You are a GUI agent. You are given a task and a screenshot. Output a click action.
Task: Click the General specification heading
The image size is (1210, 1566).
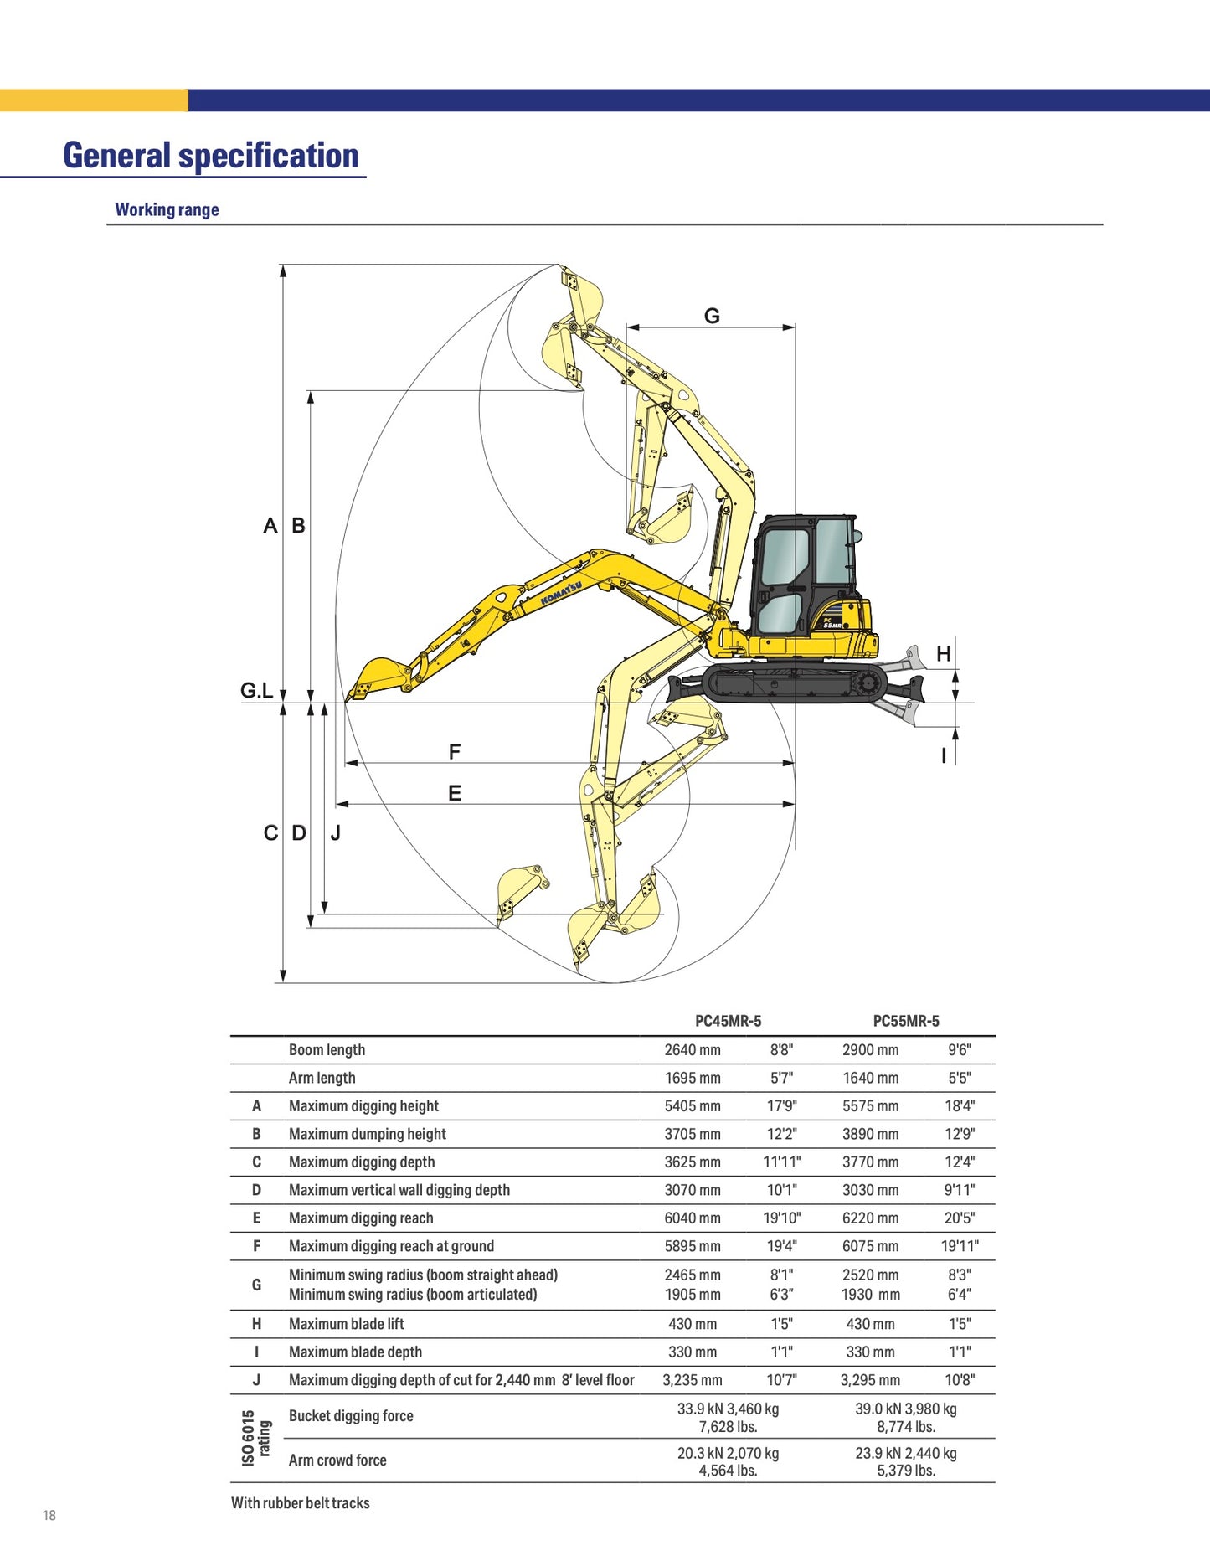210,156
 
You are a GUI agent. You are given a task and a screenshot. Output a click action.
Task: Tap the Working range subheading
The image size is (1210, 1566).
167,209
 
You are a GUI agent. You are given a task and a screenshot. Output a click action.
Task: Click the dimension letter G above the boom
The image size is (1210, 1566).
712,316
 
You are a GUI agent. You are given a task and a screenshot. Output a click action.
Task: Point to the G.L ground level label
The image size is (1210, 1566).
256,690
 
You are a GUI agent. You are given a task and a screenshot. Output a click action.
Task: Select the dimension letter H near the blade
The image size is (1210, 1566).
944,654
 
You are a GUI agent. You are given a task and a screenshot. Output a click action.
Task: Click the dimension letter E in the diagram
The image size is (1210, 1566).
455,792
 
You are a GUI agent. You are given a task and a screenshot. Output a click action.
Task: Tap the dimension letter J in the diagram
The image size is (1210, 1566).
335,833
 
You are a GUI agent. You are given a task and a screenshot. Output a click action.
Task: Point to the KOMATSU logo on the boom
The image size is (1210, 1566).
561,593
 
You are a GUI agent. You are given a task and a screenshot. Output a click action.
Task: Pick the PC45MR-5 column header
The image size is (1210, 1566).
728,1021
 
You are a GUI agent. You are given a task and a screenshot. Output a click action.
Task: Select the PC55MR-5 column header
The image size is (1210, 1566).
906,1021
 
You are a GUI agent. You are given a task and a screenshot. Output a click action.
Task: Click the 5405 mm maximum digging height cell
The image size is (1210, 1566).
693,1105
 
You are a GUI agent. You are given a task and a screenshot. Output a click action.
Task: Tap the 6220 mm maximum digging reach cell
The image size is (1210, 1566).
870,1218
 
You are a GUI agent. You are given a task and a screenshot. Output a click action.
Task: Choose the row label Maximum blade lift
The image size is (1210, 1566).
346,1323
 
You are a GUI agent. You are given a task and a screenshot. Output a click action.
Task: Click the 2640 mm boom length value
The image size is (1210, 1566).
693,1049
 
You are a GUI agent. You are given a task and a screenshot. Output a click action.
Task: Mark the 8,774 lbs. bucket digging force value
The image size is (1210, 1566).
906,1427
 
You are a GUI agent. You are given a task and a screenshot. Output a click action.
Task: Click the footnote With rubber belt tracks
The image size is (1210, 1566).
300,1503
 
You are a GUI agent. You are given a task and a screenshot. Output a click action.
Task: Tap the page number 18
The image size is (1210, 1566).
49,1515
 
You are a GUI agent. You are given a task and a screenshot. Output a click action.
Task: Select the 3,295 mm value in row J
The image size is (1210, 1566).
870,1379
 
